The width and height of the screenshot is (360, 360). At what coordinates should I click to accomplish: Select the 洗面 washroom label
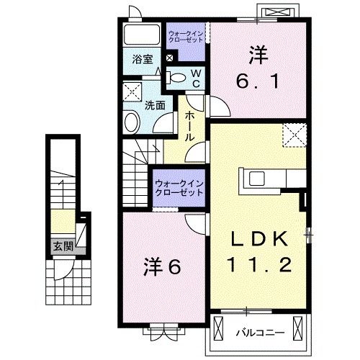tap(154, 104)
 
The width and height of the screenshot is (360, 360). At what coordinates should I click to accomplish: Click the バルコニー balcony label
tap(261, 333)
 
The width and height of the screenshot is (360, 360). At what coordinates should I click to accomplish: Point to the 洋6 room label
tap(164, 266)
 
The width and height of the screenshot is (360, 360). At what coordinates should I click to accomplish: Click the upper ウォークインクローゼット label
tap(186, 37)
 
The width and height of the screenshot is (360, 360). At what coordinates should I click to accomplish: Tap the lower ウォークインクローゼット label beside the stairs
tap(179, 188)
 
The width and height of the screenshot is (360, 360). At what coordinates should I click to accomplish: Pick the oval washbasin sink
tap(132, 122)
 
